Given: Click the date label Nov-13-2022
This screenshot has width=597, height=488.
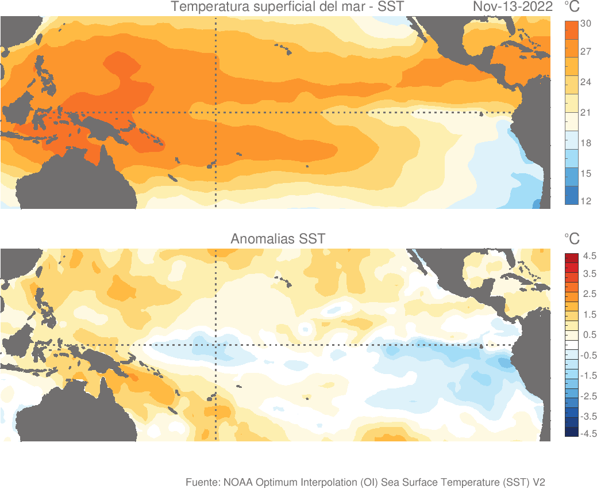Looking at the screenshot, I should tap(513, 7).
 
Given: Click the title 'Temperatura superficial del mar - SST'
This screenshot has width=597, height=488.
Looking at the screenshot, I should tap(287, 7).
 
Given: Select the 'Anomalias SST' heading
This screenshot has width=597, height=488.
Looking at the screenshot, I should tap(278, 238).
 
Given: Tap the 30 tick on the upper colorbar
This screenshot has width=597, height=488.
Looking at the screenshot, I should tap(586, 24).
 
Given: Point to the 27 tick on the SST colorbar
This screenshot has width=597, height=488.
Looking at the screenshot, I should tap(586, 52).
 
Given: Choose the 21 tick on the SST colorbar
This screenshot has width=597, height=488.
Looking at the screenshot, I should tap(586, 112).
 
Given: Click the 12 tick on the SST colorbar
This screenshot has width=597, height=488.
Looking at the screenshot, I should tap(586, 201).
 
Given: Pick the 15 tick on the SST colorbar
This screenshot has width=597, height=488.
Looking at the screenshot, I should tap(586, 173).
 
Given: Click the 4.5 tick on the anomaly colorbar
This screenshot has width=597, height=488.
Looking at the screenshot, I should tap(589, 256).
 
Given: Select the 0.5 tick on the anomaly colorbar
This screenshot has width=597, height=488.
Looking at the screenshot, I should tap(589, 335).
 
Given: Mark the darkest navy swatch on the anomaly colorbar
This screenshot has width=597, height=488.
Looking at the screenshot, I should tap(571, 432).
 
